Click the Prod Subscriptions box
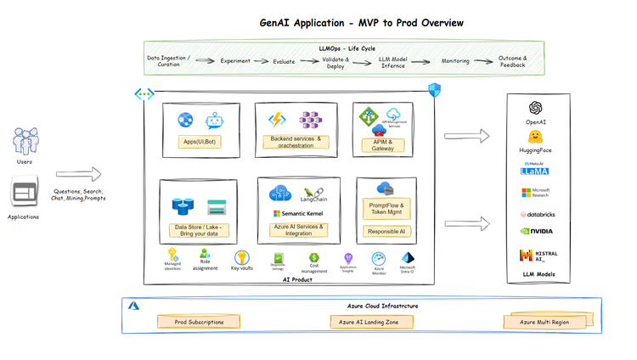[199, 323]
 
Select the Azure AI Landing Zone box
[371, 323]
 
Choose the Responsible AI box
[386, 231]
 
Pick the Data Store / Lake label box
[199, 228]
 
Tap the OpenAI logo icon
[535, 108]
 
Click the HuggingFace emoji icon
[535, 137]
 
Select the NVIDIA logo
[536, 230]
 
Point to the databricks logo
[536, 215]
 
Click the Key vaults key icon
[241, 256]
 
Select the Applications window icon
[25, 193]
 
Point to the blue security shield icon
[434, 90]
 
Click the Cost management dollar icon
[314, 257]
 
